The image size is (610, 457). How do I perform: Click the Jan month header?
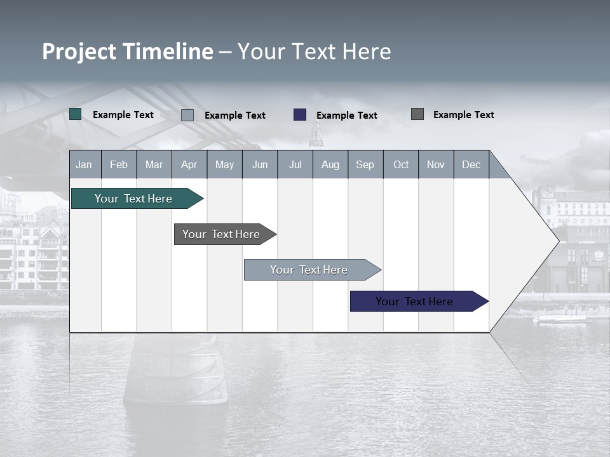(x=84, y=164)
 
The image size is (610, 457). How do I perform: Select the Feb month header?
(x=119, y=164)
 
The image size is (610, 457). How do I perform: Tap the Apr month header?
(x=189, y=164)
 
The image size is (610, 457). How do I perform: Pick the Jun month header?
(x=260, y=164)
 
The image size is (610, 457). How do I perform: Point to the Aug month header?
(x=330, y=164)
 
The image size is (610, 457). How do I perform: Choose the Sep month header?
(x=365, y=164)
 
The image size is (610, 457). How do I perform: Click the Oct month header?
(x=401, y=164)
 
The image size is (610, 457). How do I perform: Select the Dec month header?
(x=471, y=164)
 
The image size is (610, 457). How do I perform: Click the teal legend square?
(x=76, y=114)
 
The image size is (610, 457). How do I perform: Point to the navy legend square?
(x=300, y=115)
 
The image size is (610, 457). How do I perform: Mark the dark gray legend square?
(x=417, y=114)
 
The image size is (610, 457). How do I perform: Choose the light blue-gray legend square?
(x=187, y=115)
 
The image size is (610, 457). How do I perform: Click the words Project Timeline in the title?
(x=128, y=51)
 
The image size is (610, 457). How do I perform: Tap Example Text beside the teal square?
(x=123, y=115)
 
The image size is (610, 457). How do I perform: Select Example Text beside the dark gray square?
(x=464, y=115)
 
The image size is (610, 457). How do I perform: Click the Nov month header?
(x=436, y=164)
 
